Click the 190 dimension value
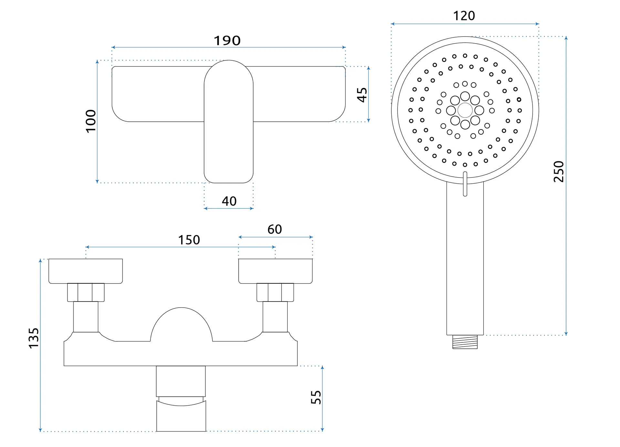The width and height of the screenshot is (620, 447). pyautogui.click(x=227, y=41)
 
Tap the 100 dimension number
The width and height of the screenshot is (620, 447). pyautogui.click(x=91, y=121)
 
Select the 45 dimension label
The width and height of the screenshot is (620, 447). pyautogui.click(x=362, y=95)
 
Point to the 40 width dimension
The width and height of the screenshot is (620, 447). pyautogui.click(x=229, y=201)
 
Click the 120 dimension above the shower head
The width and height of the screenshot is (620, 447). pyautogui.click(x=464, y=16)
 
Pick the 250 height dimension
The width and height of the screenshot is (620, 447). pyautogui.click(x=559, y=171)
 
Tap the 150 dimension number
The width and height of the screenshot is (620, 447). pyautogui.click(x=189, y=240)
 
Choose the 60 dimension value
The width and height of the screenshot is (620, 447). pyautogui.click(x=274, y=229)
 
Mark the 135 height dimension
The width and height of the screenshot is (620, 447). pyautogui.click(x=34, y=338)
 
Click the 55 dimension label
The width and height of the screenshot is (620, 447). pyautogui.click(x=316, y=397)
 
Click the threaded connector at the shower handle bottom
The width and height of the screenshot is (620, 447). pyautogui.click(x=465, y=342)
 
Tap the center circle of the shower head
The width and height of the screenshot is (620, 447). pyautogui.click(x=465, y=110)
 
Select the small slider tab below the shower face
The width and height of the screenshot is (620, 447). pyautogui.click(x=465, y=184)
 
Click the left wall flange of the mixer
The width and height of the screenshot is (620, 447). pyautogui.click(x=86, y=271)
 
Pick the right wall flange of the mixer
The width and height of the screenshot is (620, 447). pyautogui.click(x=275, y=271)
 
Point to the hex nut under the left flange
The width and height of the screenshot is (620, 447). pyautogui.click(x=86, y=292)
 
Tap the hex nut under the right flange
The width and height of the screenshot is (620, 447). pyautogui.click(x=275, y=292)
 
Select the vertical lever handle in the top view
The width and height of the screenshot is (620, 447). pyautogui.click(x=229, y=121)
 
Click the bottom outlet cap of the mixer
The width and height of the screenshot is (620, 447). pyautogui.click(x=181, y=416)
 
